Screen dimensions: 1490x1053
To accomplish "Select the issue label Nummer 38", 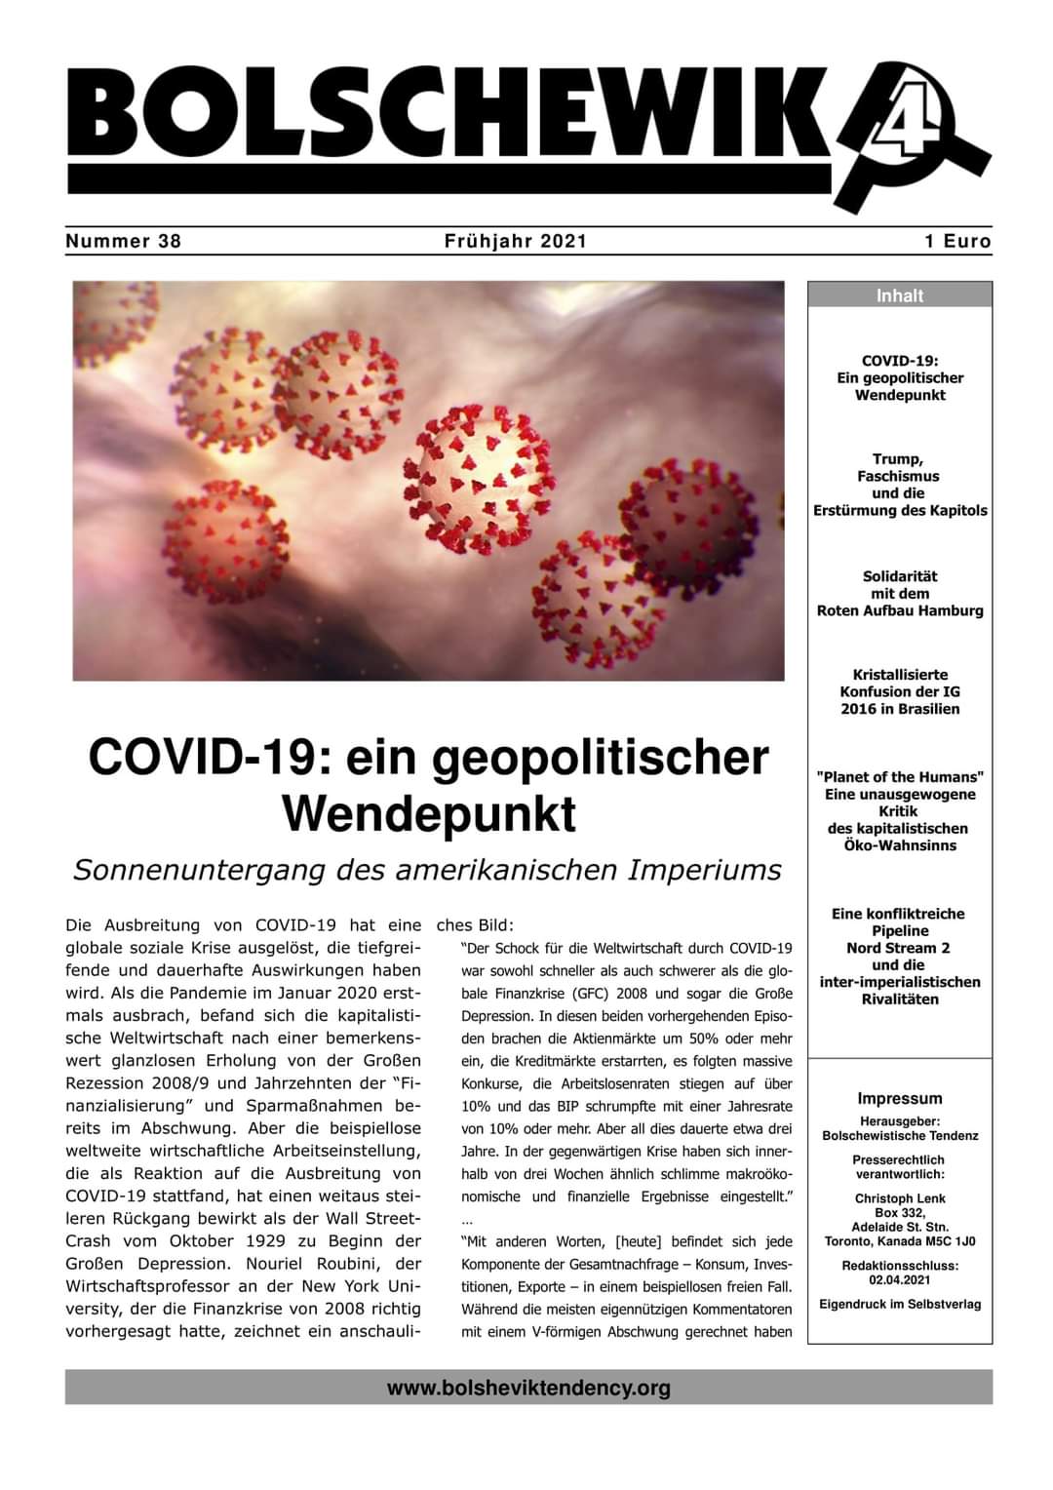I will pyautogui.click(x=124, y=241).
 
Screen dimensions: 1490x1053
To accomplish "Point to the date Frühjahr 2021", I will pyautogui.click(x=515, y=241).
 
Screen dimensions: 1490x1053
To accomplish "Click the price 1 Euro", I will pyautogui.click(x=957, y=241).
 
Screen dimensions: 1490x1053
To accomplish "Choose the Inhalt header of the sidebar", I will pyautogui.click(x=899, y=295).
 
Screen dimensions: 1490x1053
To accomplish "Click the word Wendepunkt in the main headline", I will pyautogui.click(x=429, y=814).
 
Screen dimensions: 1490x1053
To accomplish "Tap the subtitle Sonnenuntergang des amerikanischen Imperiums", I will pyautogui.click(x=427, y=870).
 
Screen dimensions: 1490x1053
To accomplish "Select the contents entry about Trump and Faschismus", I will pyautogui.click(x=899, y=485).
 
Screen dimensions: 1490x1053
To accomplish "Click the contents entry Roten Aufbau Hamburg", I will pyautogui.click(x=899, y=610).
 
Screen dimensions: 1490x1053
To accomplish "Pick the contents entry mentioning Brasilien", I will pyautogui.click(x=899, y=709).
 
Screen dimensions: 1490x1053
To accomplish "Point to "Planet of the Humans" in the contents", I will pyautogui.click(x=899, y=777).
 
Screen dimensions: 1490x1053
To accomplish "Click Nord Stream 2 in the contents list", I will pyautogui.click(x=899, y=948).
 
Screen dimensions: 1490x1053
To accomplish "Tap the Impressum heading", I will pyautogui.click(x=899, y=1098).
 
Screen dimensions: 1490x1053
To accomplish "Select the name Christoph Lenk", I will pyautogui.click(x=899, y=1198).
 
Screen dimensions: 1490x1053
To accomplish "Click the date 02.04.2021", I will pyautogui.click(x=899, y=1279).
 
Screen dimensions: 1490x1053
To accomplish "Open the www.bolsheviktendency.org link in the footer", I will pyautogui.click(x=528, y=1388).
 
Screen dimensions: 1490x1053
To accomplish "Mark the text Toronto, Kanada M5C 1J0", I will pyautogui.click(x=899, y=1241).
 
